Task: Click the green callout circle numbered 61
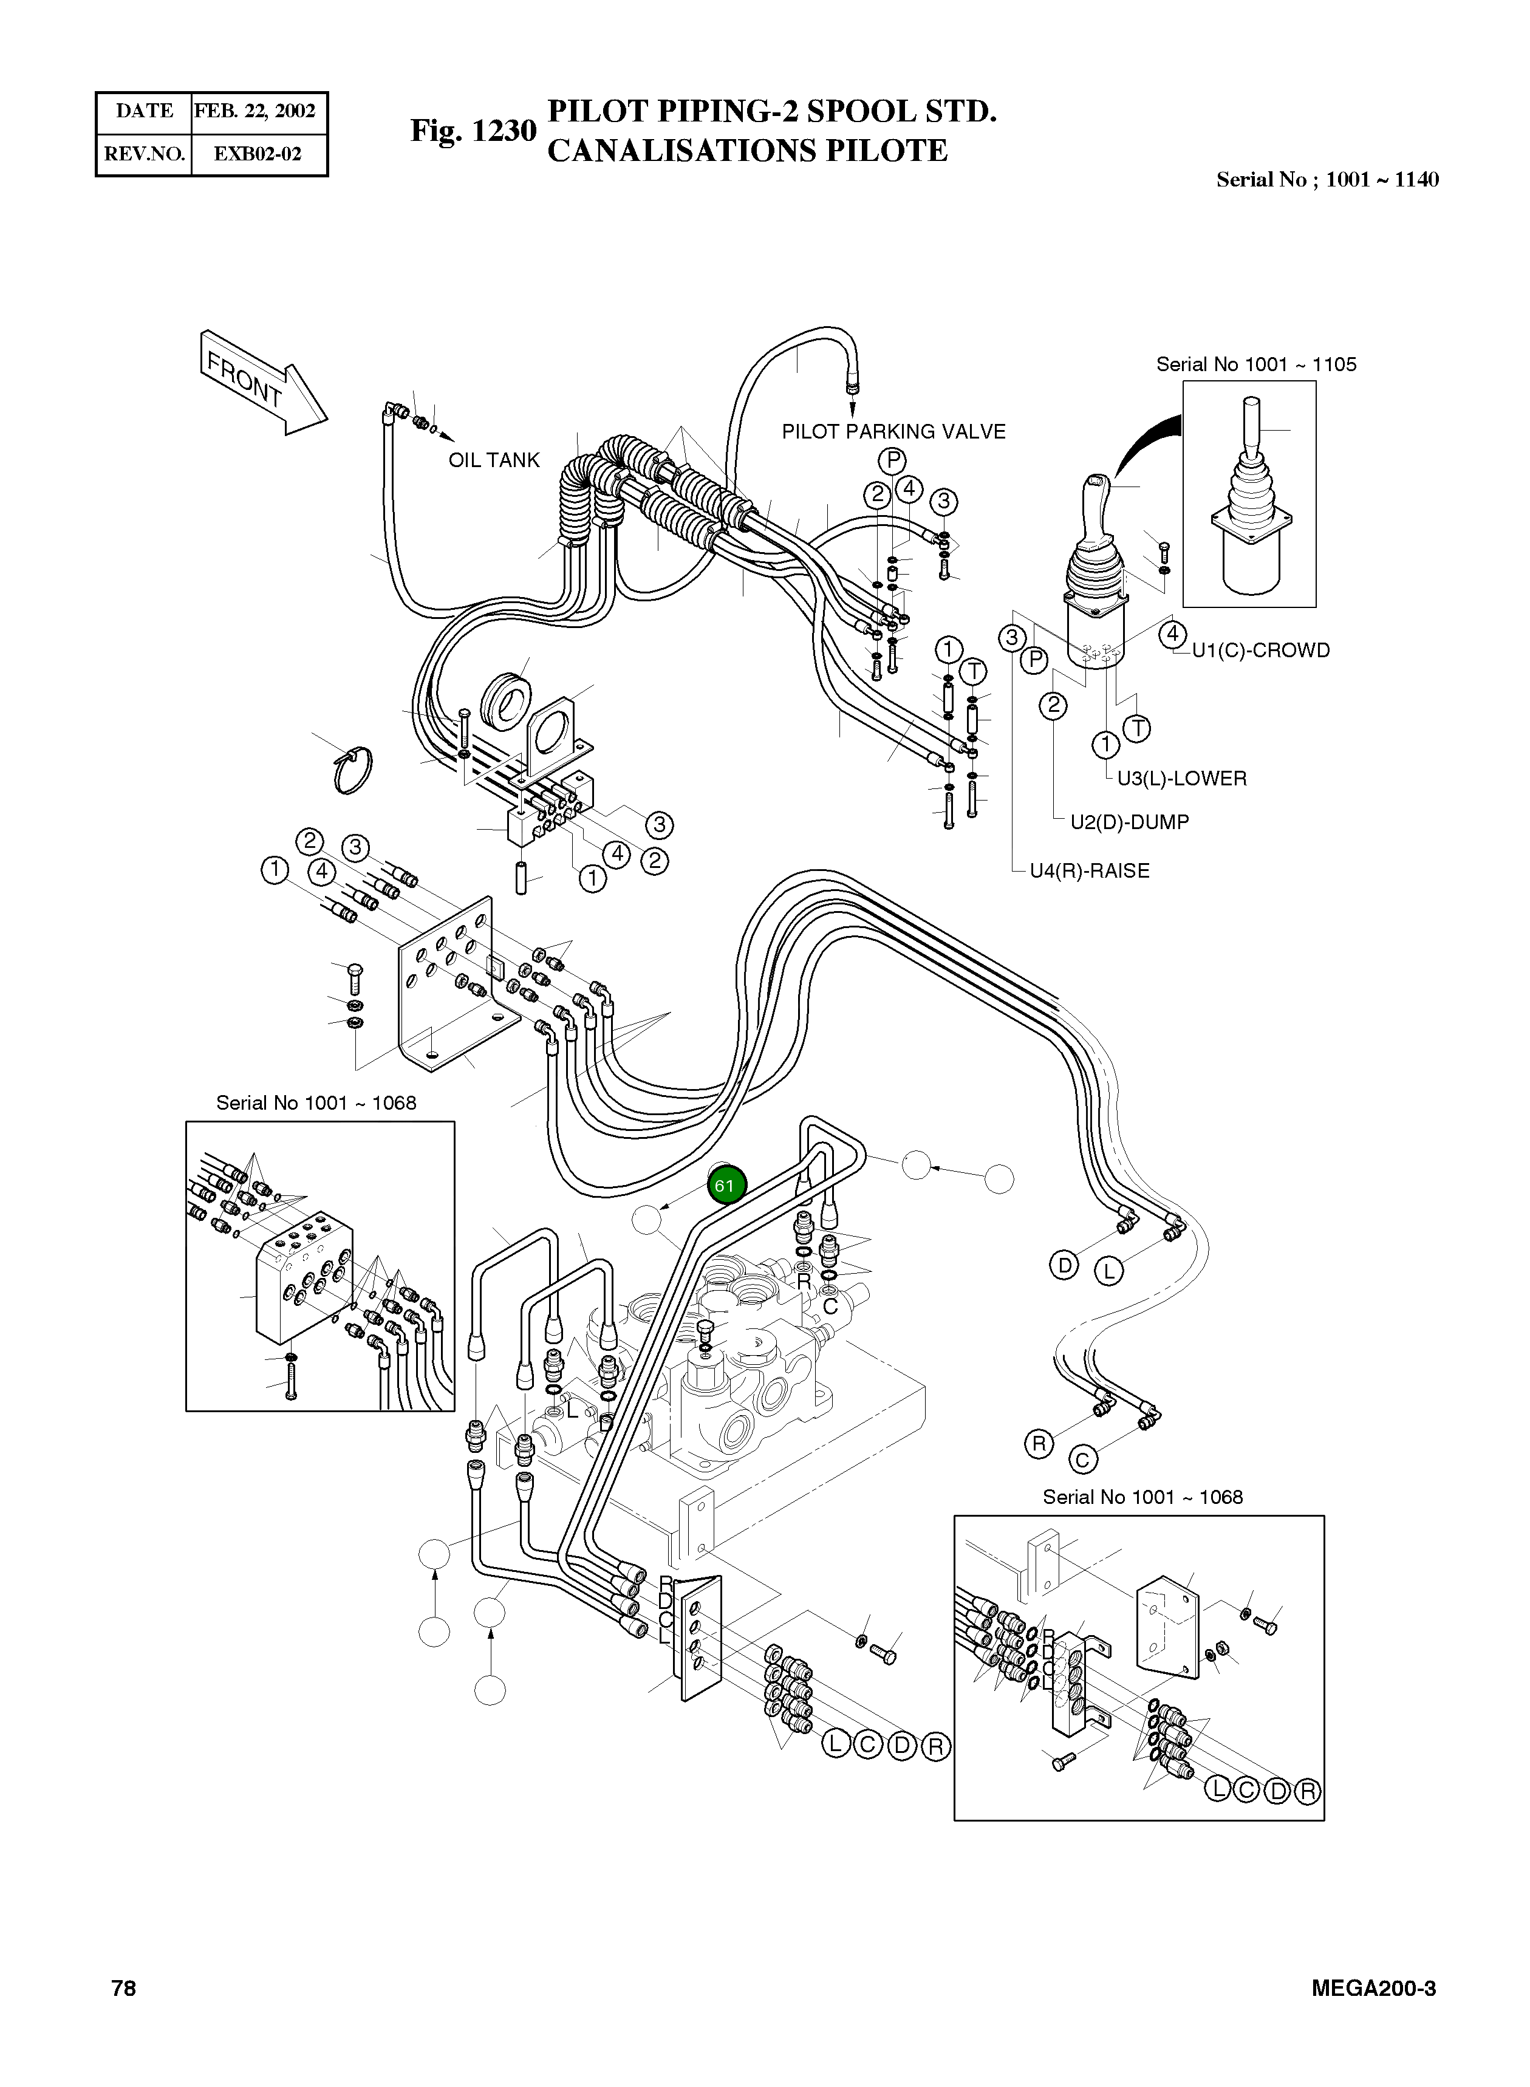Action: pos(725,1185)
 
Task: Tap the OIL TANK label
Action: pos(494,460)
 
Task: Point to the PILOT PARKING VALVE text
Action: pos(893,431)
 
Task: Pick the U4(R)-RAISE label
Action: pos(1089,870)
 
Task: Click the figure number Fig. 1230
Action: pos(473,131)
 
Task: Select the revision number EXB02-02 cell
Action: pos(258,154)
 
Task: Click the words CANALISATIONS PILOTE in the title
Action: pos(748,151)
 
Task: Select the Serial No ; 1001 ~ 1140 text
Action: pos(1327,180)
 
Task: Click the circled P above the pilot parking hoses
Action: pos(892,460)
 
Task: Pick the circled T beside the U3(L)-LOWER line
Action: pos(1136,729)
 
